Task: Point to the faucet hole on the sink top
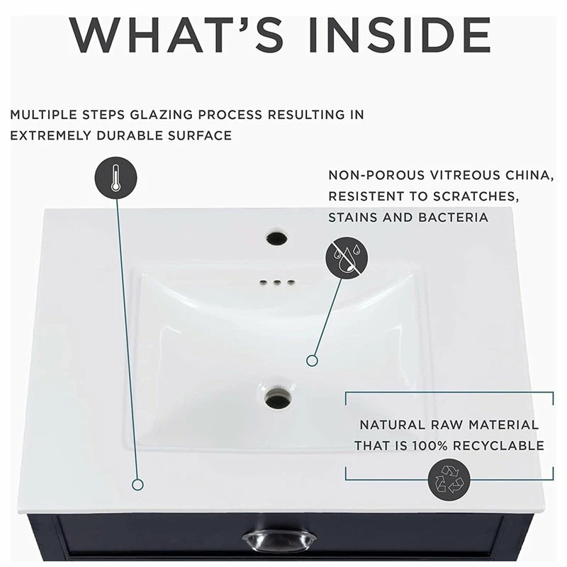coord(278,237)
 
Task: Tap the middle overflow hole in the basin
coord(276,282)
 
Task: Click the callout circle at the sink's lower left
coord(138,485)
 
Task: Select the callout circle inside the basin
coord(312,361)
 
